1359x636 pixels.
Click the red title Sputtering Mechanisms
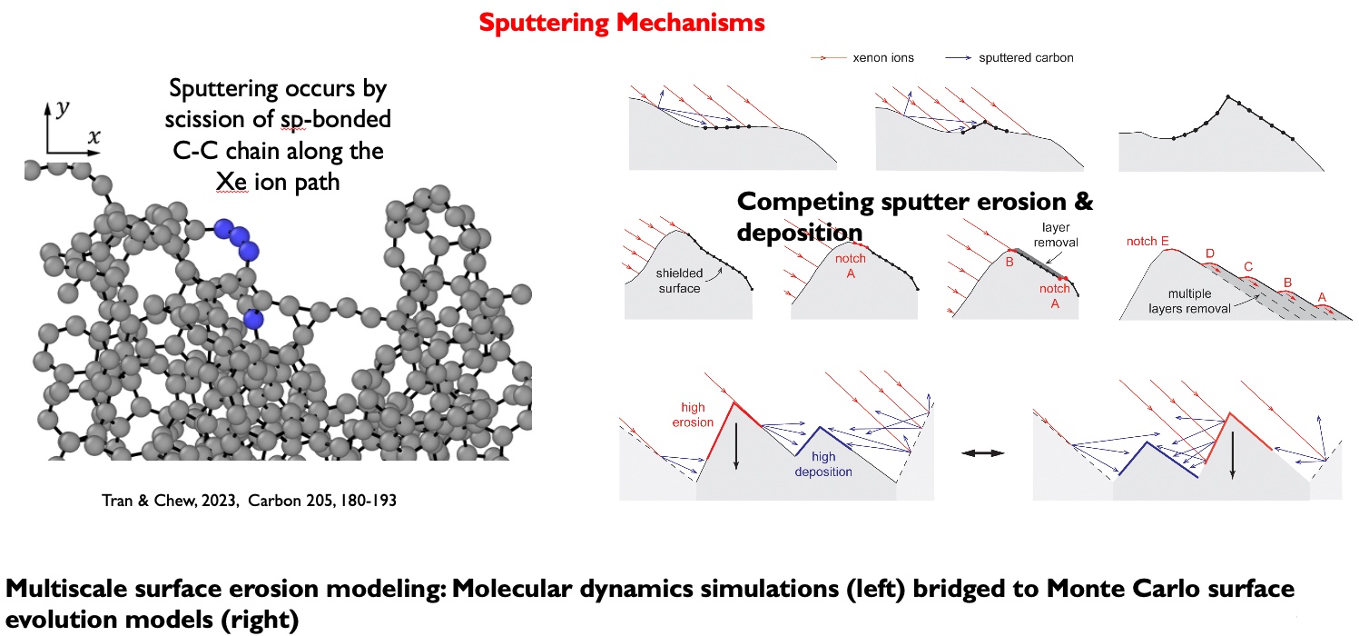(621, 23)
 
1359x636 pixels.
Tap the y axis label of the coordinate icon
(61, 108)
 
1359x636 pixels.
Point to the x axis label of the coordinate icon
(93, 137)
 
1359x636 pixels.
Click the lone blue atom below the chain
(254, 318)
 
